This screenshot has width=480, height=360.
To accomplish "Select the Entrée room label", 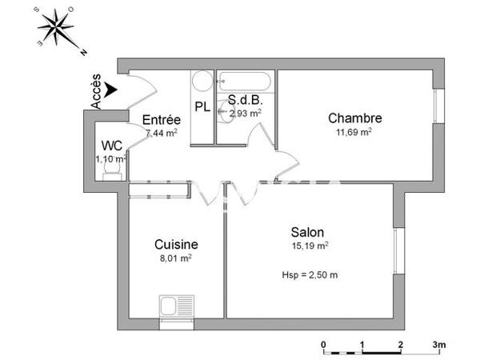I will (x=161, y=120).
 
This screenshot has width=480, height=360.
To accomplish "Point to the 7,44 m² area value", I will (x=161, y=133).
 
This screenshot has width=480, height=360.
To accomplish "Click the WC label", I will (x=111, y=146).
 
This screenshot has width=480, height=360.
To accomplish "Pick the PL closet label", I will (x=202, y=106).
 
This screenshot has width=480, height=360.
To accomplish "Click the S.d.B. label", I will (x=244, y=100).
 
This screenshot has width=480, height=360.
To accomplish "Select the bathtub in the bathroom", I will (x=246, y=81).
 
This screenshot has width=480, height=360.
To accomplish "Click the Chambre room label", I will (x=354, y=118).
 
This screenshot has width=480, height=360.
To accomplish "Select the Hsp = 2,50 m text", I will (x=310, y=275).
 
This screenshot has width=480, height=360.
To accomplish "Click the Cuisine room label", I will (x=176, y=244).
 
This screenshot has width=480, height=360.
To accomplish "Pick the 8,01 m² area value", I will (x=176, y=258).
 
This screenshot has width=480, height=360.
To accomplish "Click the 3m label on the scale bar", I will (x=439, y=345).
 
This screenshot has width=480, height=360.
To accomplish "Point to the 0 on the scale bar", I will (x=324, y=345).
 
